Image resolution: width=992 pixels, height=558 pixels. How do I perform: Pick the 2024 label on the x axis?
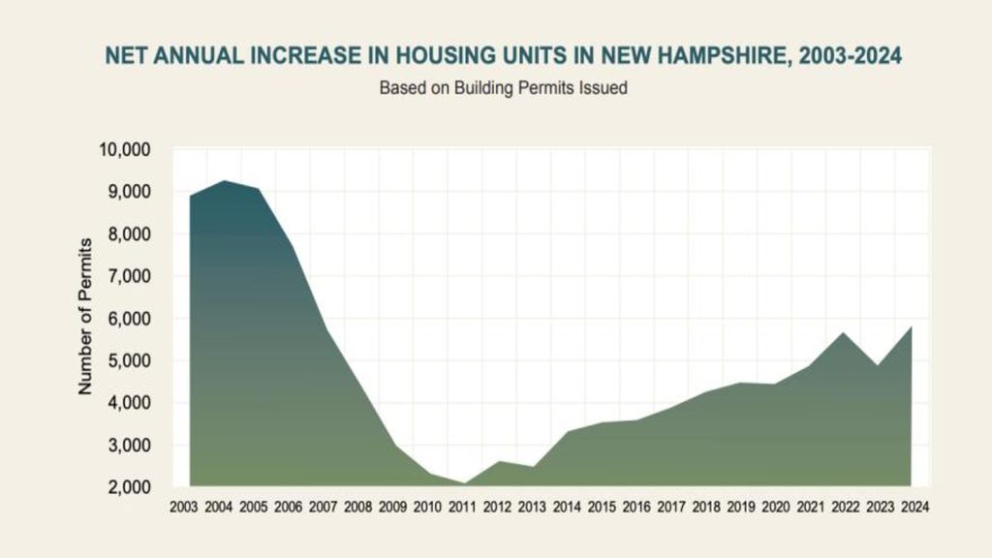(913, 507)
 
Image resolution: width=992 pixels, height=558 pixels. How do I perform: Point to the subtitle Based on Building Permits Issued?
(503, 88)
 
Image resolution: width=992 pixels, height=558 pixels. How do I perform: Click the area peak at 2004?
(224, 181)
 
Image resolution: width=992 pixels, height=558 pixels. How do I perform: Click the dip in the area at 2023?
(878, 365)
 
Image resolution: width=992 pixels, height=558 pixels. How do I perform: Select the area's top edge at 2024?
(912, 327)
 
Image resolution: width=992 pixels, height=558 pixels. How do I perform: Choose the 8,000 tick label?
(126, 233)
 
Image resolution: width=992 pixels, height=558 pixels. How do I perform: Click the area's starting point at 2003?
(191, 196)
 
